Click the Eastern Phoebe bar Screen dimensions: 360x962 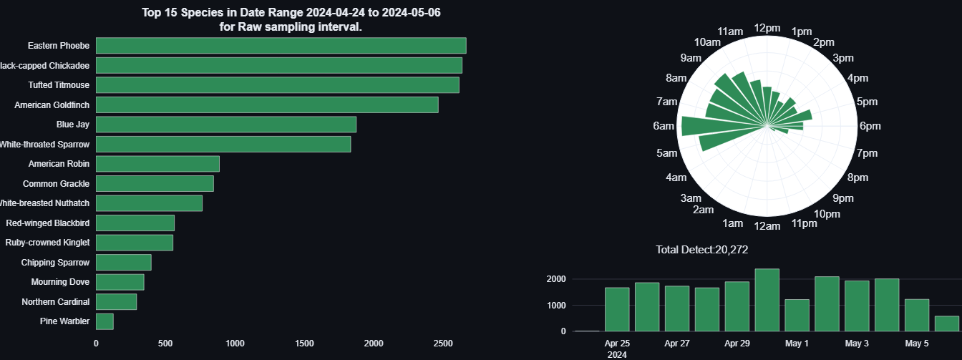[x=281, y=46]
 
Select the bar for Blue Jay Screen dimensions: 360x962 [x=225, y=125]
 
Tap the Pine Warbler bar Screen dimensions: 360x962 [x=105, y=321]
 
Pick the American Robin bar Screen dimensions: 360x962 [x=157, y=164]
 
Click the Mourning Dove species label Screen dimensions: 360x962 [x=60, y=282]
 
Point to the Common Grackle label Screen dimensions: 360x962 [x=56, y=184]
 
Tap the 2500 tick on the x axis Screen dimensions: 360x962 [x=443, y=344]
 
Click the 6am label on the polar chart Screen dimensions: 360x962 [x=664, y=127]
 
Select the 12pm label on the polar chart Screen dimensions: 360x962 [x=767, y=28]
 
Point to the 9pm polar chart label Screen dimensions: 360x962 [x=843, y=198]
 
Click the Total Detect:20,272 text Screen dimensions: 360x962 [x=701, y=250]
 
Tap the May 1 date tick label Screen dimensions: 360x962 [x=797, y=344]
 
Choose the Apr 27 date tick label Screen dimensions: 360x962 [x=676, y=344]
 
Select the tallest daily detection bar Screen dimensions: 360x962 [x=767, y=300]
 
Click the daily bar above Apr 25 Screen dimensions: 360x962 [x=616, y=309]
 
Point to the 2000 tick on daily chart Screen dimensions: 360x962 [x=556, y=279]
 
